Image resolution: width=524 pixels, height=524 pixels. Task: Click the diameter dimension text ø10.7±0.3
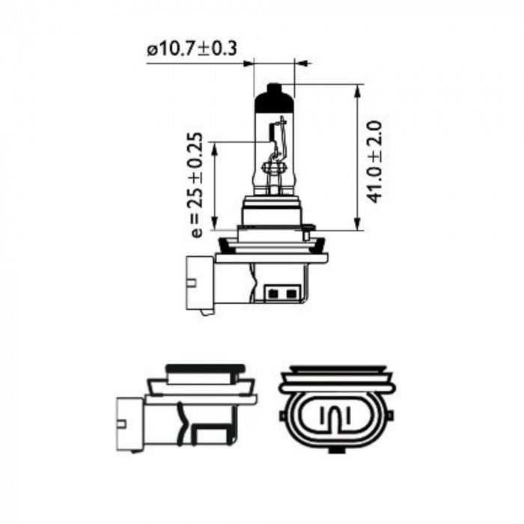point(192,49)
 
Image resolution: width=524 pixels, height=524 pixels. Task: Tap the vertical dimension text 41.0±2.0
point(374,162)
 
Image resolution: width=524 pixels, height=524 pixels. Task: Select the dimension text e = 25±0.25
point(197,185)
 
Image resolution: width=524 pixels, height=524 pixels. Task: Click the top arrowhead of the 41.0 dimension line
point(358,91)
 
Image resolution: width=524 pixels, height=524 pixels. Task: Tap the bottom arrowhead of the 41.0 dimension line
point(358,224)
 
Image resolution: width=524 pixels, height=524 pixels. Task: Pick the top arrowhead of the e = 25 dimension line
point(215,148)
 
